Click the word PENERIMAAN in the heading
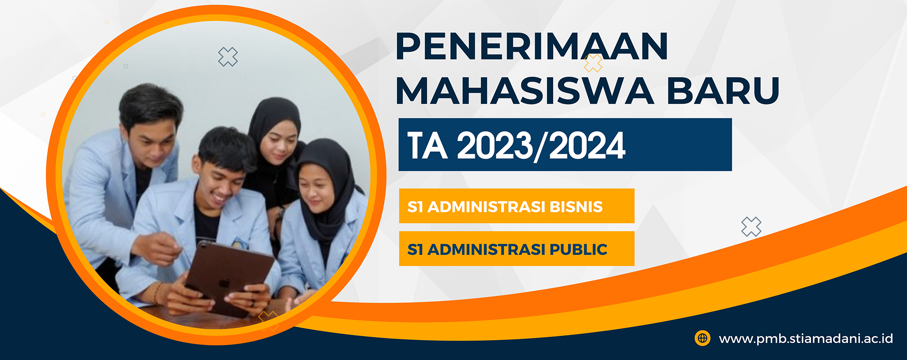[532, 46]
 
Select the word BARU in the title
[723, 91]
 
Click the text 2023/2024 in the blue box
[541, 146]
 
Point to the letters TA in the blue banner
[427, 146]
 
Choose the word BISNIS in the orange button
[576, 207]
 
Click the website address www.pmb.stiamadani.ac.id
[806, 339]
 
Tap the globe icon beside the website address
[702, 338]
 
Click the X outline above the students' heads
[228, 57]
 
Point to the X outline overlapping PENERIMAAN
[593, 63]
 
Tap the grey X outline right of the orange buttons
[751, 227]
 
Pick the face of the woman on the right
[315, 188]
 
